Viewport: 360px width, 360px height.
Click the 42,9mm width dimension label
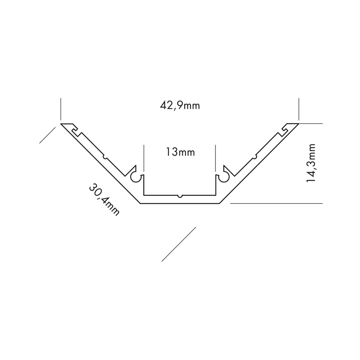tap(180, 106)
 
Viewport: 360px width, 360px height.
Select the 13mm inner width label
tap(180, 152)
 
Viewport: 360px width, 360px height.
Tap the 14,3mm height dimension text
tap(311, 163)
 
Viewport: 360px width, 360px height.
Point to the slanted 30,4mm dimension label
tap(104, 199)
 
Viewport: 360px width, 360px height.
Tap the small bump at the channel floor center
tap(180, 196)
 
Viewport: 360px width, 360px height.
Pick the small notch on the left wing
tap(105, 157)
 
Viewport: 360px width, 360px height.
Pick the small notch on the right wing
tap(255, 157)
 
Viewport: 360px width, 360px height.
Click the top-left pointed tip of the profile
tap(61, 124)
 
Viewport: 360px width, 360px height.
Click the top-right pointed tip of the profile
tap(299, 124)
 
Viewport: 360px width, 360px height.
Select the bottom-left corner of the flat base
tap(140, 203)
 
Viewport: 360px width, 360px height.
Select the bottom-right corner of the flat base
tap(219, 203)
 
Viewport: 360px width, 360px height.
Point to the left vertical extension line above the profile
tap(61, 109)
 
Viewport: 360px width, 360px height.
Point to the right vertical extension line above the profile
tap(299, 109)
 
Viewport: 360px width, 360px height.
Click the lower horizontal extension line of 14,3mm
tap(276, 203)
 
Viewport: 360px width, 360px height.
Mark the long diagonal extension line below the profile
tap(179, 244)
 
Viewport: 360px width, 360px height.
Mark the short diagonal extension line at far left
tap(47, 135)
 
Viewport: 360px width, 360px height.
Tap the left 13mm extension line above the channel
tap(144, 158)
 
